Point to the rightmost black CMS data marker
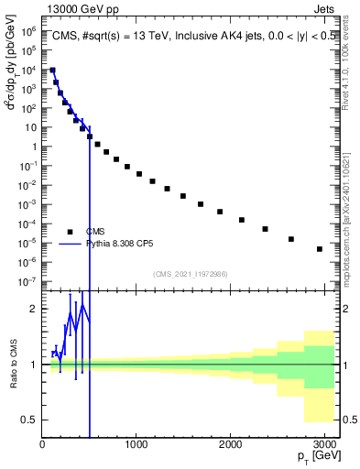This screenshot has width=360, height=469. point(319,249)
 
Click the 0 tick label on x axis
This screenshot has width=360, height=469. point(42,444)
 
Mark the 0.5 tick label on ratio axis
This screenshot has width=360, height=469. point(31,420)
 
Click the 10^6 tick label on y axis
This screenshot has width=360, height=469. point(30,31)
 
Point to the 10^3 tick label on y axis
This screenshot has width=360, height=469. point(30,89)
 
